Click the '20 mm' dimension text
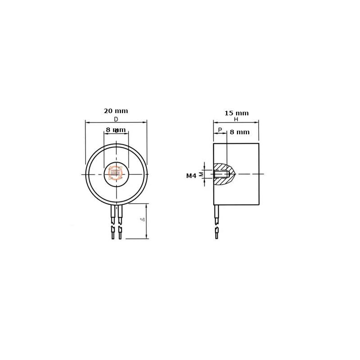pos(116,111)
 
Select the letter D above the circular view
pos(116,119)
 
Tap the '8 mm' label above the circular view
pos(116,130)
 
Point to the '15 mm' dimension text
pos(237,113)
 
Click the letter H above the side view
pos(236,119)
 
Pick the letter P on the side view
pos(220,130)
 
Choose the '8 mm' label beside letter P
pos(239,132)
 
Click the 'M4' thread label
pos(191,176)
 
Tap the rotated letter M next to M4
pos(201,174)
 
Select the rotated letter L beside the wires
pos(142,219)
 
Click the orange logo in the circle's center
pos(116,173)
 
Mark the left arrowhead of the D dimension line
pos(87,122)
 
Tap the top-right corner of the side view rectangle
pos(259,144)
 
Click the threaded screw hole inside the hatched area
pos(222,174)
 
